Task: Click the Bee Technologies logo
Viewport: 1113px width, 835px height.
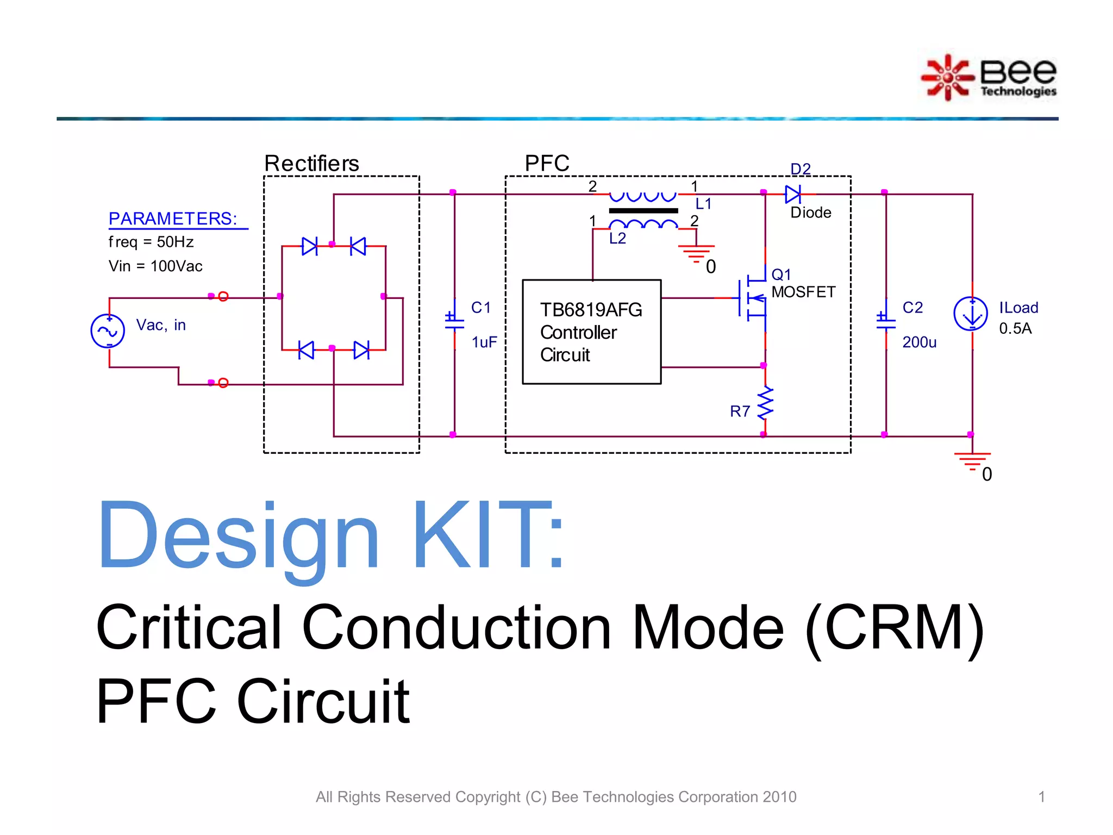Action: [989, 77]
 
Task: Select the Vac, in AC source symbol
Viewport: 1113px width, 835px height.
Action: [108, 331]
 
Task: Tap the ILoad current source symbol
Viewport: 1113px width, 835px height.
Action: [971, 314]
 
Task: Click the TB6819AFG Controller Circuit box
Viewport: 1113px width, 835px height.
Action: [591, 332]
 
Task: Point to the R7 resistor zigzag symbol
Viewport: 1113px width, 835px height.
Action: [765, 403]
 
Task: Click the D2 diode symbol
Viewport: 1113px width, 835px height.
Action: [793, 194]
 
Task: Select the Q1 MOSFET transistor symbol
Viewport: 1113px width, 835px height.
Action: [753, 298]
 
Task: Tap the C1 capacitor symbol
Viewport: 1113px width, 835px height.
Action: [454, 320]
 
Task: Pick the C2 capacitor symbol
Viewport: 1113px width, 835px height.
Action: [886, 320]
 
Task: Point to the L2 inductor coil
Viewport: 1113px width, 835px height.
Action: [643, 224]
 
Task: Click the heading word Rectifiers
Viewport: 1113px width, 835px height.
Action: [311, 163]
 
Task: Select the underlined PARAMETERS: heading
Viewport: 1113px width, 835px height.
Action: [173, 219]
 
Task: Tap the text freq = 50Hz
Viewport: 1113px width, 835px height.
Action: [151, 242]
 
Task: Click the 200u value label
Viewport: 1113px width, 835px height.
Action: [919, 342]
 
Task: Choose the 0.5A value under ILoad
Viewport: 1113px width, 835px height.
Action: [1015, 328]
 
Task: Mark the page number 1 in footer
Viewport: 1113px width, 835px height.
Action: [1041, 796]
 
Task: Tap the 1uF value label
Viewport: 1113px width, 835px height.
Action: [484, 342]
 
